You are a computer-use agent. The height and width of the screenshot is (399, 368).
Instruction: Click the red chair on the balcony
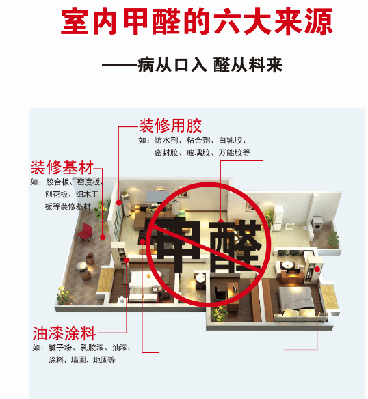point(86,232)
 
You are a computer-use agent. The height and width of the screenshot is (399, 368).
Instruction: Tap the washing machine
point(317,224)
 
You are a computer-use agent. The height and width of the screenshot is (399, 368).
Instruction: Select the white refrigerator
point(278,219)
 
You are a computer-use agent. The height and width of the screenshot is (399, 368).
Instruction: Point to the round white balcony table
point(81,266)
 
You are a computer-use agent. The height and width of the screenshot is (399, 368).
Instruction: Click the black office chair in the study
point(219,293)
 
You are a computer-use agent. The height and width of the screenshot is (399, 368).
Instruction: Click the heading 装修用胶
point(170,126)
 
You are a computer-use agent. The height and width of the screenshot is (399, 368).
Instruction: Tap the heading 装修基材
point(62,167)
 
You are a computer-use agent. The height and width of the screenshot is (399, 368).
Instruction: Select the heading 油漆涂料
point(64,333)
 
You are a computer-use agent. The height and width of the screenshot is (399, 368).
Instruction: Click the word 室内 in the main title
point(89,21)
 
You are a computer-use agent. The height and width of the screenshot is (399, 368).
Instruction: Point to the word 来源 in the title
point(304,21)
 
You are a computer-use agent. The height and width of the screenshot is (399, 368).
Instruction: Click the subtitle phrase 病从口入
point(172,65)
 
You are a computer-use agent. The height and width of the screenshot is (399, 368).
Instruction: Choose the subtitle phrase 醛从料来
point(248,65)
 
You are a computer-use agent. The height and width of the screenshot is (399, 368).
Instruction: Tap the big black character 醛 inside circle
point(235,245)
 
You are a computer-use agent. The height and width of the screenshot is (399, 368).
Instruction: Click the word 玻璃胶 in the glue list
point(198,152)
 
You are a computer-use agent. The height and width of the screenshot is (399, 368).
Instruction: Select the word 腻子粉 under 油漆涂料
point(60,348)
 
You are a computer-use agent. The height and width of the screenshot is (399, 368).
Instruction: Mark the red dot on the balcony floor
point(103,237)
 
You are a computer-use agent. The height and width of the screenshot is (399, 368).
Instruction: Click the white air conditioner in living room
point(126,205)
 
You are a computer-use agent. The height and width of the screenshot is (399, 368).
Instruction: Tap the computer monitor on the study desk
point(235,288)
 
